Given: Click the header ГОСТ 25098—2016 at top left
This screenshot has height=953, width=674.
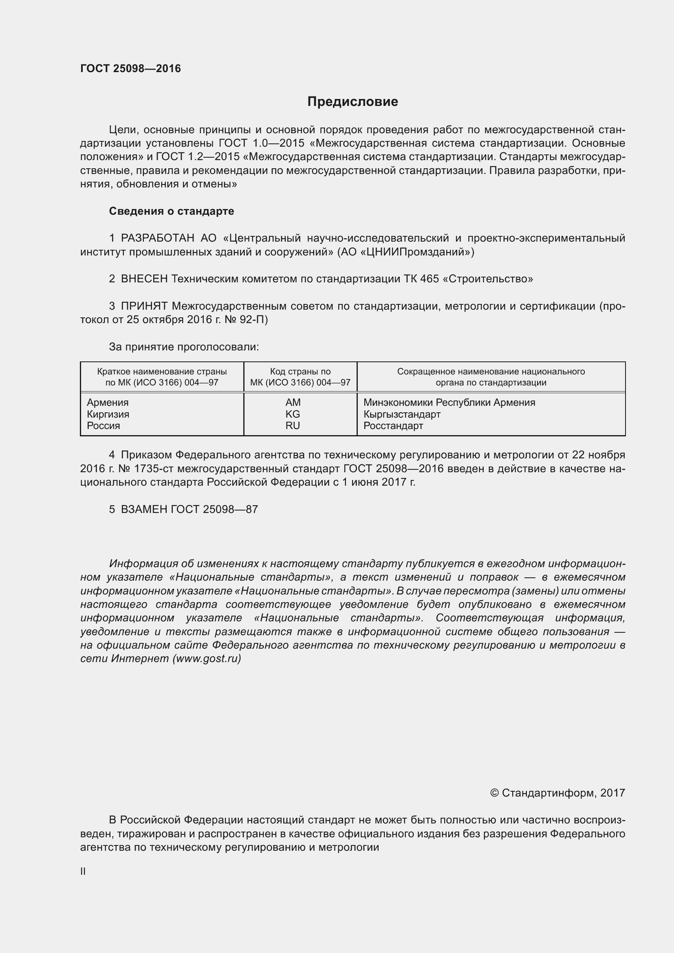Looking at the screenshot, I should tap(130, 68).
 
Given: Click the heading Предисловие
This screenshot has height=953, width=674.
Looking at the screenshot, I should tap(352, 101).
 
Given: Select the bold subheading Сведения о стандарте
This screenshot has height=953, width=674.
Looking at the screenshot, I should tap(172, 211).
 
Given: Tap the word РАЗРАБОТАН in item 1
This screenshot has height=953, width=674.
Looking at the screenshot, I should tap(157, 238).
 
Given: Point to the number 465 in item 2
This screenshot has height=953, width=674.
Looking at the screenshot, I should tap(429, 279).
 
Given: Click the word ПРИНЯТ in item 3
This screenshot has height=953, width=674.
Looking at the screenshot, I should tap(144, 306).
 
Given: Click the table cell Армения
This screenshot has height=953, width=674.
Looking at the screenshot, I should tap(108, 402).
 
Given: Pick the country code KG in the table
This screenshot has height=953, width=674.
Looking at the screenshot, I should tap(293, 414).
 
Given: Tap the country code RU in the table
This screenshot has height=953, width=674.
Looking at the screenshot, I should tap(293, 425).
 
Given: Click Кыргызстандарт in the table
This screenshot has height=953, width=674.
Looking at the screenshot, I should tap(402, 414).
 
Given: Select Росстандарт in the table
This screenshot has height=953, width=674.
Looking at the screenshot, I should tap(393, 425).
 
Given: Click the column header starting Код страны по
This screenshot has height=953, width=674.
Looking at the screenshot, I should tap(300, 372).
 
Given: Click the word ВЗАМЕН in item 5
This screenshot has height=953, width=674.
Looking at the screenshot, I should tap(144, 509).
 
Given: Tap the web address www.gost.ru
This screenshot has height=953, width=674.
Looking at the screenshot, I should tap(207, 659).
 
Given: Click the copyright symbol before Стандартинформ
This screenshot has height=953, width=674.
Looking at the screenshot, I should tap(494, 793).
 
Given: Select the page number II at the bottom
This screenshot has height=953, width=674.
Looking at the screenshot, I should tap(83, 872).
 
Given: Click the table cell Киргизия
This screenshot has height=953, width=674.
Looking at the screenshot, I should tap(108, 414).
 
